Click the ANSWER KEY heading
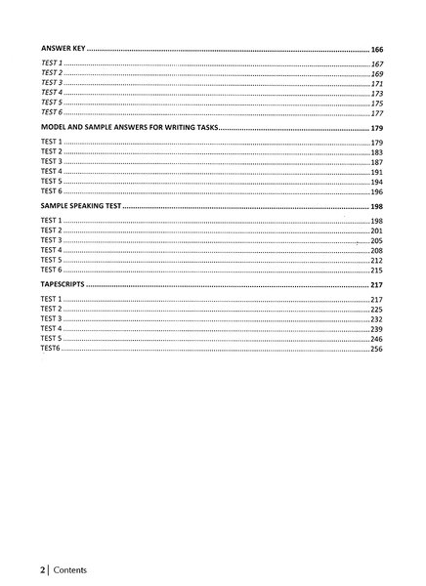pos(65,48)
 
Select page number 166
pos(376,48)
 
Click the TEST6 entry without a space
pos(50,348)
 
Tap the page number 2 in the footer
pos(43,568)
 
